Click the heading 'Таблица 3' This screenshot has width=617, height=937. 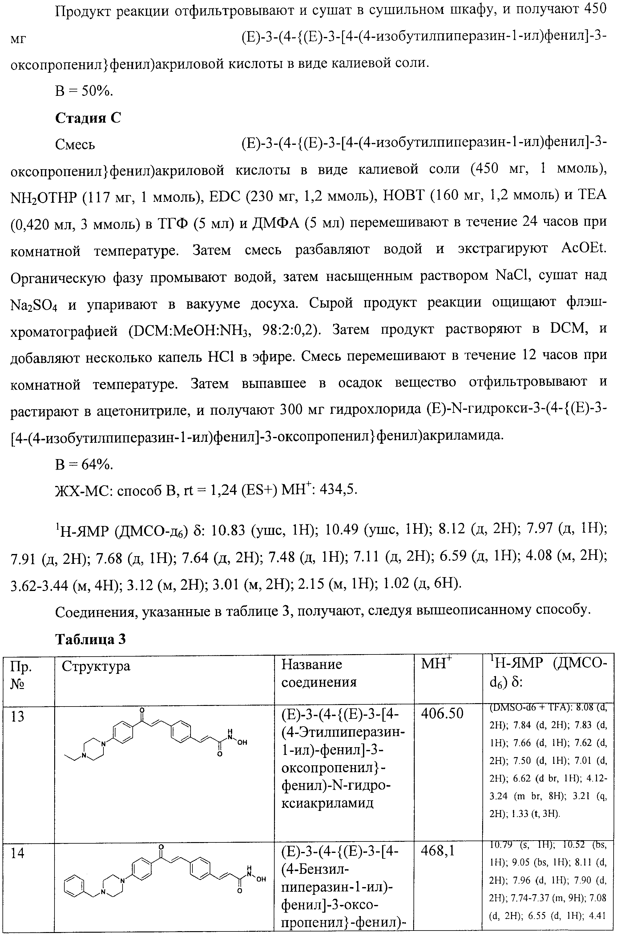click(90, 639)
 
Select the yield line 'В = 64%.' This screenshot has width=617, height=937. click(84, 465)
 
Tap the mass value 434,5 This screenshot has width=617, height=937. click(338, 489)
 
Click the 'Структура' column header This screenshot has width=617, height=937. click(96, 666)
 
